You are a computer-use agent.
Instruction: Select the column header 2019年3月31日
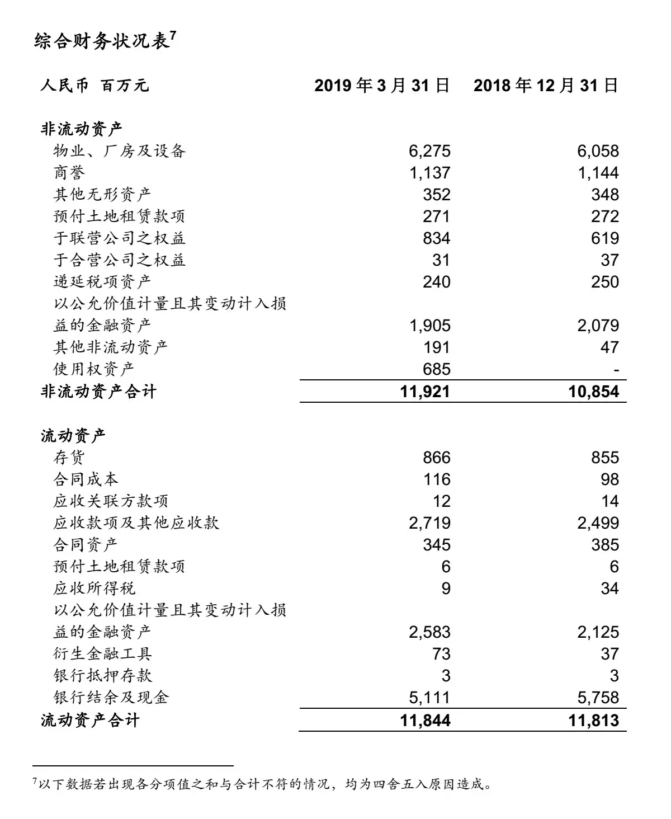(x=382, y=86)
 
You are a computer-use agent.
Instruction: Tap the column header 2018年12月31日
(x=546, y=86)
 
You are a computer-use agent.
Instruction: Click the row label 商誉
(x=69, y=173)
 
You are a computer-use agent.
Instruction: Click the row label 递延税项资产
(x=102, y=281)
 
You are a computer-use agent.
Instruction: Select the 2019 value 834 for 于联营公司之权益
(x=436, y=238)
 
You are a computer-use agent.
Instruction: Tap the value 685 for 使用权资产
(x=436, y=369)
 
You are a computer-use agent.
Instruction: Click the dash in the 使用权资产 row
(x=616, y=370)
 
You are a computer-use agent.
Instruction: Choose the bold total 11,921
(x=425, y=392)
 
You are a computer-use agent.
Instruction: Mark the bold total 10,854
(x=594, y=392)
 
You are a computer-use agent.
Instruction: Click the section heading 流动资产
(x=73, y=435)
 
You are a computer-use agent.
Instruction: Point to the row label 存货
(x=69, y=458)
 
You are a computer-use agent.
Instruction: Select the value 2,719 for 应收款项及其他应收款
(x=429, y=523)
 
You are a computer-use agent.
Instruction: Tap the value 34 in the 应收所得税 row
(x=609, y=589)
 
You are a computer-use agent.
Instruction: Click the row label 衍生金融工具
(x=102, y=654)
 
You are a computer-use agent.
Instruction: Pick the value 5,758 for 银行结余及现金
(x=598, y=698)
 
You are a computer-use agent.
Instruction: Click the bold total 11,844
(x=425, y=720)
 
